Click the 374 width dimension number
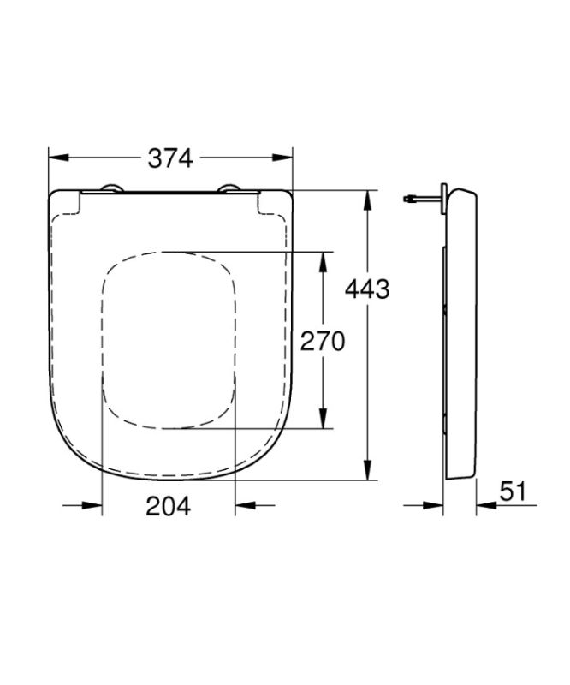(170, 158)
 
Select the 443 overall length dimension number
(366, 290)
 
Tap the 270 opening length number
(322, 342)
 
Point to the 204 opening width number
(169, 506)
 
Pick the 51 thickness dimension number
(512, 492)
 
